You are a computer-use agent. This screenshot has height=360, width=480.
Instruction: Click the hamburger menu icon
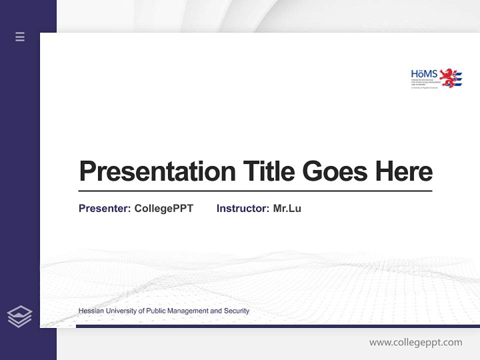point(20,36)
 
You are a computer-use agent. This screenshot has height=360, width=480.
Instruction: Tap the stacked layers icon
point(20,316)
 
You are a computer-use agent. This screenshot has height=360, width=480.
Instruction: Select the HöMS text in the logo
point(424,74)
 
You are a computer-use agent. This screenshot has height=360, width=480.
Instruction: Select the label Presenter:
point(104,208)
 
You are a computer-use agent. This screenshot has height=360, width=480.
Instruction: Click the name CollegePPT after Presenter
point(163,208)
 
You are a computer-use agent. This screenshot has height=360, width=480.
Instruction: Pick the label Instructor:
point(243,208)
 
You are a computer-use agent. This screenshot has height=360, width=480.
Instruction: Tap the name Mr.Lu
point(287,208)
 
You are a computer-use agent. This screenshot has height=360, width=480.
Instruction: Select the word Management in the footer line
point(187,311)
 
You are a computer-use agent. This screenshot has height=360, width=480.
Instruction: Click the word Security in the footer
point(236,311)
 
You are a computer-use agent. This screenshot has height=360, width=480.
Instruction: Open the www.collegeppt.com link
point(415,342)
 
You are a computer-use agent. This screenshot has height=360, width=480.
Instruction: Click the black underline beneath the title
point(255,190)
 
